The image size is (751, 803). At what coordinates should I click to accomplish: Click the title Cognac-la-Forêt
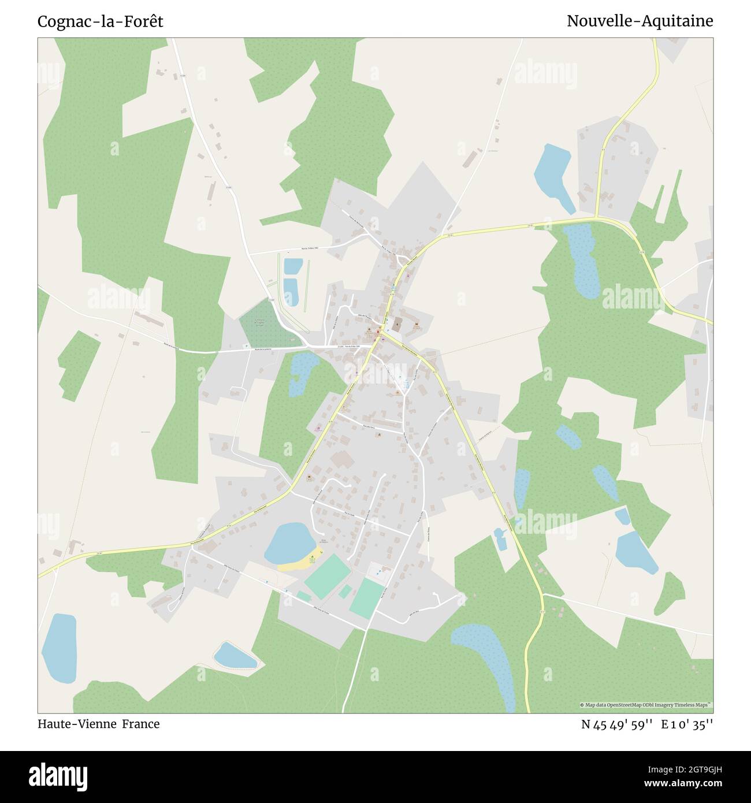click(x=100, y=21)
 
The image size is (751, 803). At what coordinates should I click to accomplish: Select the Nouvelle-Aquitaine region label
click(x=640, y=21)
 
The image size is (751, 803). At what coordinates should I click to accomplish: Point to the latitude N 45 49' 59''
click(x=617, y=724)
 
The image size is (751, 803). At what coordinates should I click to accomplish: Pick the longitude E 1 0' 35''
click(x=687, y=724)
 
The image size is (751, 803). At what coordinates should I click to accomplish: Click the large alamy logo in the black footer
click(x=58, y=776)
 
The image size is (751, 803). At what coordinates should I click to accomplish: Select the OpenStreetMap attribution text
click(x=646, y=705)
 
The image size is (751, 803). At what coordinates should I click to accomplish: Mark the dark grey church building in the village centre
click(x=397, y=322)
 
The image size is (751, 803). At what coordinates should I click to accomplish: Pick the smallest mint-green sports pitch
click(x=345, y=592)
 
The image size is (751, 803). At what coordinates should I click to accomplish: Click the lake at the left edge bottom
click(x=60, y=646)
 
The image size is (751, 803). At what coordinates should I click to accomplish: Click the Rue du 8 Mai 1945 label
click(x=350, y=346)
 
